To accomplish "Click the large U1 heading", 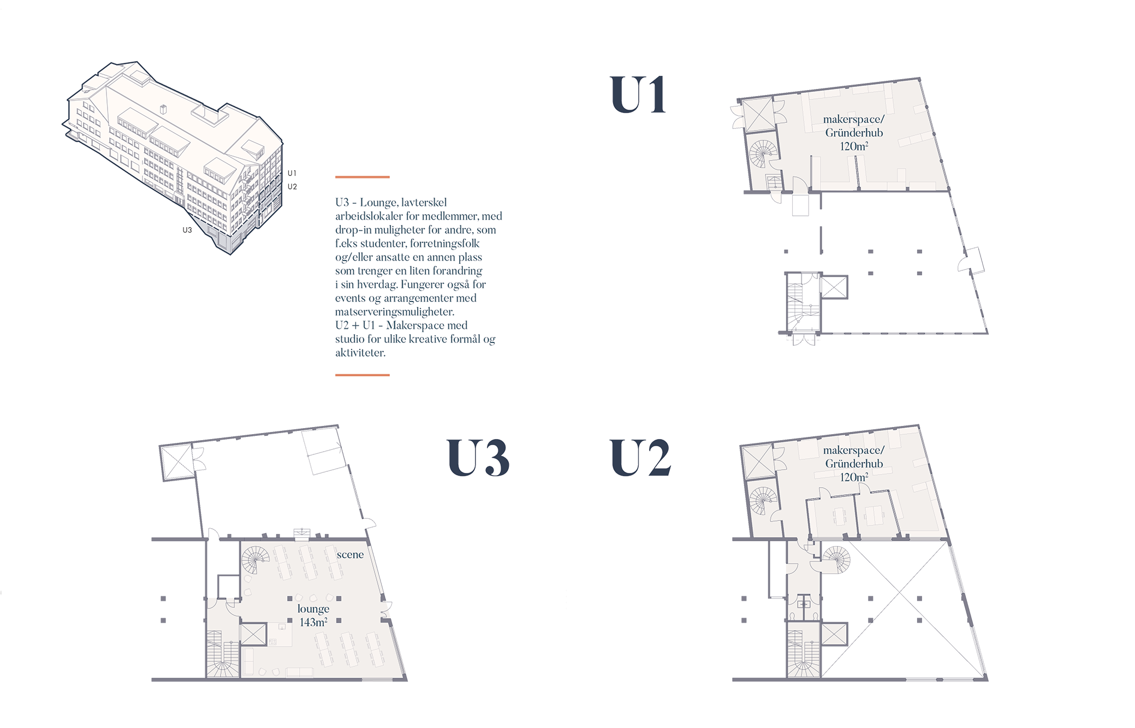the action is (637, 95).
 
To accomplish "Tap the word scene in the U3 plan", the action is (350, 554).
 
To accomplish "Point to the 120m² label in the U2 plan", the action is (854, 477).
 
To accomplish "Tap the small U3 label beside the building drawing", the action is (187, 230).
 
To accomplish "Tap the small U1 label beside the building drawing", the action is (292, 173).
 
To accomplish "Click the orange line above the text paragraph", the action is (363, 177).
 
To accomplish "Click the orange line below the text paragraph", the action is (363, 375).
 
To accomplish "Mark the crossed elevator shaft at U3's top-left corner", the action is (176, 462).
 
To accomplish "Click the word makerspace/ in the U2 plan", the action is (853, 451).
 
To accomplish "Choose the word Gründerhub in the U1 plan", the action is (854, 133).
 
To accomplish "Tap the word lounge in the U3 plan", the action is (313, 608).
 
